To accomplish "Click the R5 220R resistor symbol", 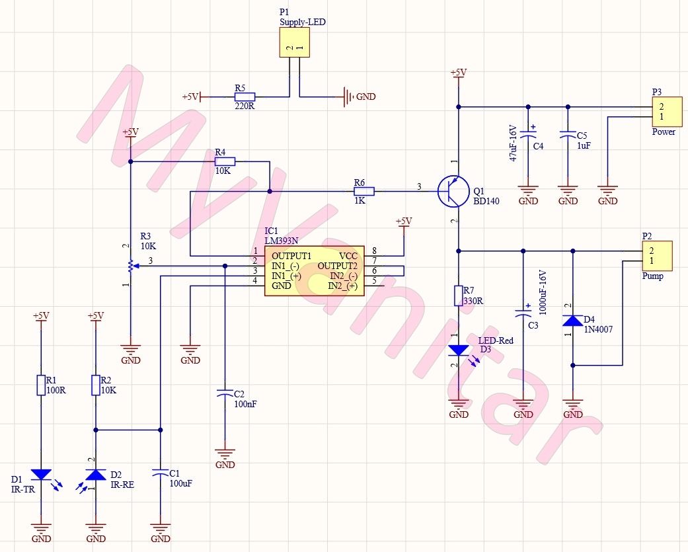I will [245, 97].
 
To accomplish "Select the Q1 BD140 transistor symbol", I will [452, 191].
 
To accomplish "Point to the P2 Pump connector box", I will [657, 256].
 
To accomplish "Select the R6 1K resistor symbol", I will [364, 191].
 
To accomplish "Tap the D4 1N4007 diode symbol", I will [572, 321].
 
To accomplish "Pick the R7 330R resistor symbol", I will [458, 296].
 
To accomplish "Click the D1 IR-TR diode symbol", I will [41, 474].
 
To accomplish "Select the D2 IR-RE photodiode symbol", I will [96, 474].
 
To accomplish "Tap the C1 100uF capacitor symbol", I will [160, 474].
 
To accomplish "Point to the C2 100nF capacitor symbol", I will [225, 394].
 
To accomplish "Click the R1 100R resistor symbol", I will [41, 385].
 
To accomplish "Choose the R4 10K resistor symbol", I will [225, 161].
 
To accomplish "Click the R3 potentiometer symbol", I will [131, 266].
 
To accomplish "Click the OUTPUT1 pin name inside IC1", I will [291, 255].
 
